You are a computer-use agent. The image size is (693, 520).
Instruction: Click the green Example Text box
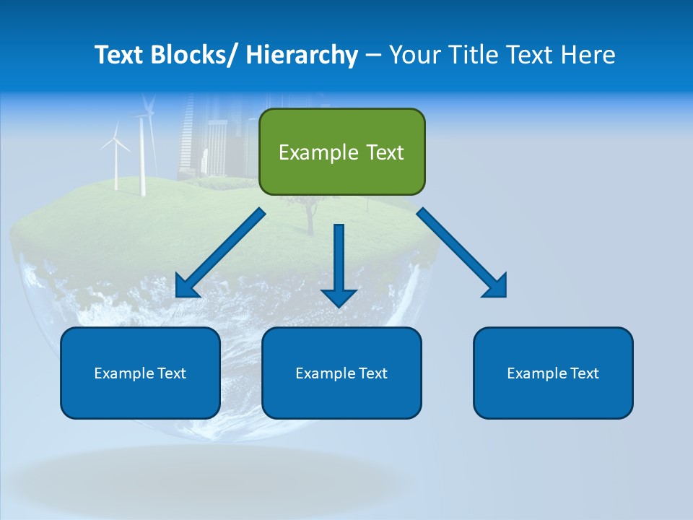click(341, 152)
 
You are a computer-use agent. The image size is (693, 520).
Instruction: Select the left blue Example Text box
click(140, 373)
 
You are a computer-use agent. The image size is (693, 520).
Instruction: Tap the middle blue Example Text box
click(341, 373)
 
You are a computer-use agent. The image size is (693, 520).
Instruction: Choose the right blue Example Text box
click(553, 373)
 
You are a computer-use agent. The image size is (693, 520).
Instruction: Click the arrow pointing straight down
click(339, 264)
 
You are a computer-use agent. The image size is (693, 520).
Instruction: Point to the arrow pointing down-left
click(220, 253)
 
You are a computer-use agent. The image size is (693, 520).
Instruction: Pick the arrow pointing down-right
click(462, 253)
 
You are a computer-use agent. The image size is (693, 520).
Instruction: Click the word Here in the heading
click(589, 55)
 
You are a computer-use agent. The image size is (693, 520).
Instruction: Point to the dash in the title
click(373, 55)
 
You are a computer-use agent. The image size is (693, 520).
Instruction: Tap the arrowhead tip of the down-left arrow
click(178, 295)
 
